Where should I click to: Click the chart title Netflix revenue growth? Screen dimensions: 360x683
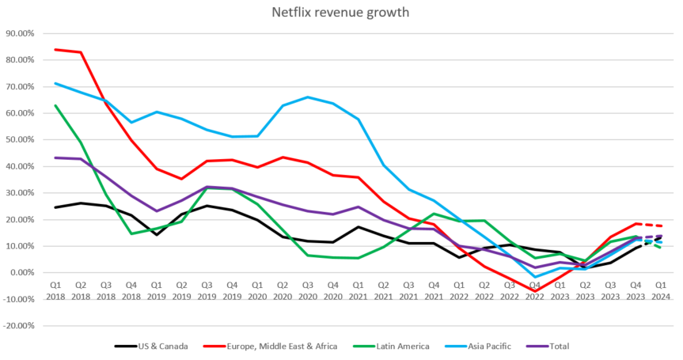tap(341, 12)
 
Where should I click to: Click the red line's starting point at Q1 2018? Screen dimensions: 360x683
tap(55, 49)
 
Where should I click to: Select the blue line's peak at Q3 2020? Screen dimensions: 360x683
tap(308, 97)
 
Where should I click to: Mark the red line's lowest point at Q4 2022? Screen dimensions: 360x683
tap(535, 292)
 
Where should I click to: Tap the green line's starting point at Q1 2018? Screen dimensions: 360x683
tap(55, 105)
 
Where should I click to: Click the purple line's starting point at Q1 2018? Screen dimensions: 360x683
tap(55, 157)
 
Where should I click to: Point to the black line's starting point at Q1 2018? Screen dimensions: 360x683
tap(55, 207)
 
